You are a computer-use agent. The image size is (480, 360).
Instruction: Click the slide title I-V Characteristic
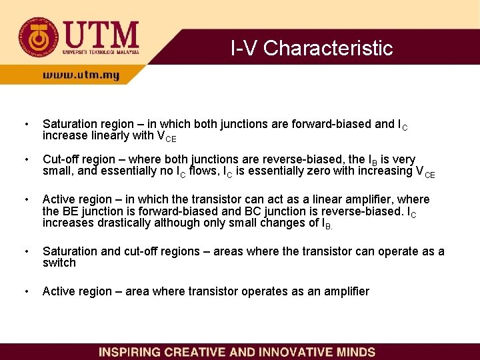point(311,49)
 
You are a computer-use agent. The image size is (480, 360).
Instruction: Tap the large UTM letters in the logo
point(101,33)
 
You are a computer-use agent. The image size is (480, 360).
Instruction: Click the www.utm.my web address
point(81,75)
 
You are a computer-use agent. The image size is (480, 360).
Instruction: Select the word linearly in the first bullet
point(109,136)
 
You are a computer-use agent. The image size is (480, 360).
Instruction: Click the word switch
point(59,263)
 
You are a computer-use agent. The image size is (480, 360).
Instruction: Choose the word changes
point(272,222)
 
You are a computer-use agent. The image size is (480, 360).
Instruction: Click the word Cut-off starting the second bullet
point(61,159)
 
